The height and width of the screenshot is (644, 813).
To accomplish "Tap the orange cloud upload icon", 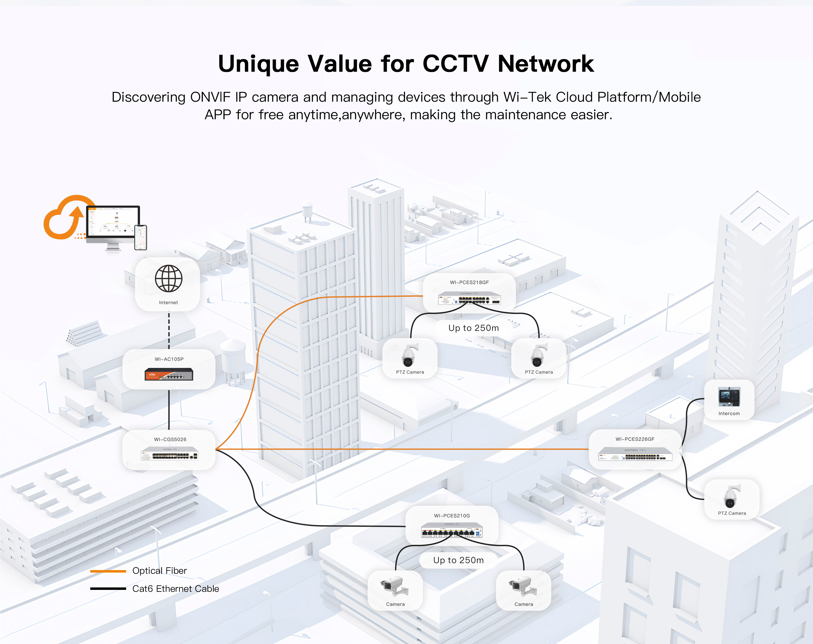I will point(65,219).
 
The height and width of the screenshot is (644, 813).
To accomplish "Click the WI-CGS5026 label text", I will point(170,439).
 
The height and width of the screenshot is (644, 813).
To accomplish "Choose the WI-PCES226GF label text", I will point(635,439).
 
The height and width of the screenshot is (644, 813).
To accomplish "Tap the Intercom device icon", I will point(729,397).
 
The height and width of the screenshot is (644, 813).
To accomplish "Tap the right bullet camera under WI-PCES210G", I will point(523,586).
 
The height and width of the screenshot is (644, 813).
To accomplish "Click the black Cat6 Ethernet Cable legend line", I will point(108,589).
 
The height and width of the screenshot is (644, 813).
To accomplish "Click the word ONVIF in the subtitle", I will point(210,97).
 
